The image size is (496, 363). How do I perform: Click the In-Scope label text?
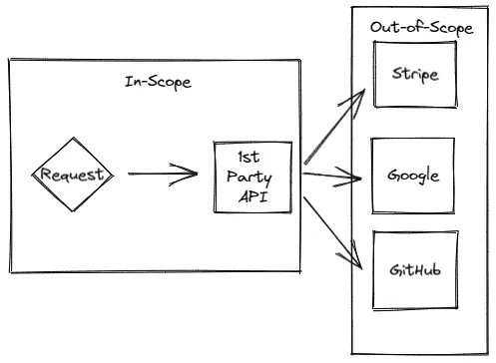(x=158, y=82)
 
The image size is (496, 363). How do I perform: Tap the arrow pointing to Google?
(x=331, y=178)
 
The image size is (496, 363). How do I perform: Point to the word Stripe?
(x=413, y=74)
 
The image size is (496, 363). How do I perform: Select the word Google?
(x=413, y=177)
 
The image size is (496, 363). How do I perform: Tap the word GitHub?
(x=412, y=269)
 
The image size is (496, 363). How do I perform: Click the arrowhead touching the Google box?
(x=355, y=180)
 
